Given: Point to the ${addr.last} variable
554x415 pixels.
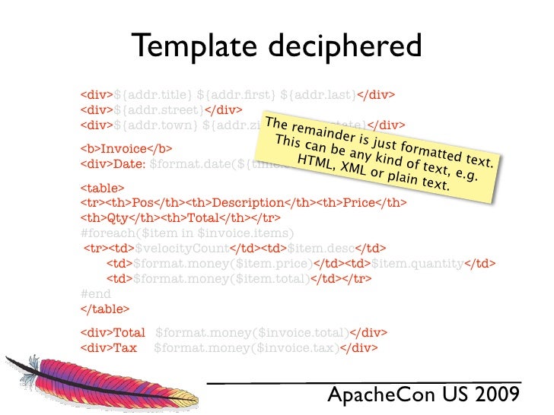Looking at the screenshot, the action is (x=318, y=95).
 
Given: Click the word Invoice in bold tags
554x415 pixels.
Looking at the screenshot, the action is (x=125, y=148).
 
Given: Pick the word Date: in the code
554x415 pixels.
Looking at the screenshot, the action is (x=130, y=163).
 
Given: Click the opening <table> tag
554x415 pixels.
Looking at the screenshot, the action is (x=102, y=187).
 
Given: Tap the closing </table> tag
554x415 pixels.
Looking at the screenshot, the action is (x=105, y=309).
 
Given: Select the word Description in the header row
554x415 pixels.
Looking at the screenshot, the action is (x=248, y=203).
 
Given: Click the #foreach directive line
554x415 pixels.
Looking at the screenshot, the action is (x=187, y=233).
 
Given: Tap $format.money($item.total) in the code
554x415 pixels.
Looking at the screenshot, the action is (x=221, y=279).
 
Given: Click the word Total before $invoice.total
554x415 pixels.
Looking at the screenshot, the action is (x=129, y=333).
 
